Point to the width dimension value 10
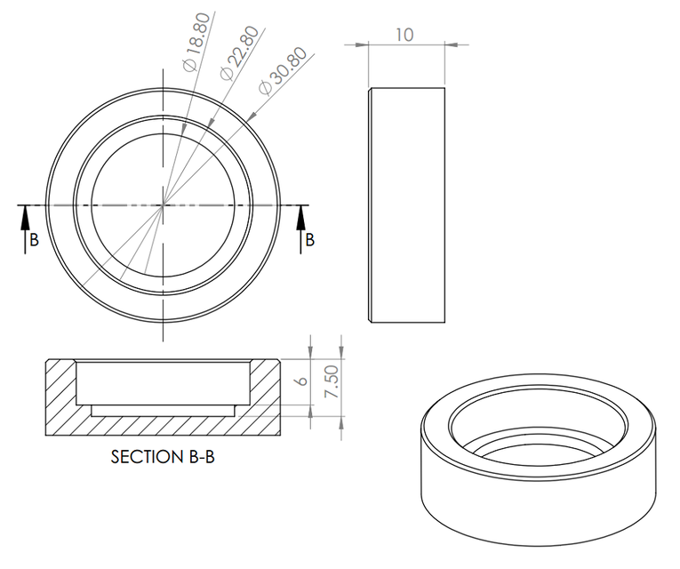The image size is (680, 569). pos(404,34)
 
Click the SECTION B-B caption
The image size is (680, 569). pos(163,458)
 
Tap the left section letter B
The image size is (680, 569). pos(34,240)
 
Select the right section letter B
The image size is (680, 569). pos(309,240)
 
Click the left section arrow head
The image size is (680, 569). pos(25,212)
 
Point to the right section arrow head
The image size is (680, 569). pos(300,212)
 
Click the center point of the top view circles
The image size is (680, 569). pos(164,205)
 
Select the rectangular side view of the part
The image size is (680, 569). pos(405,204)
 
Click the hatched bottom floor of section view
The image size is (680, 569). pos(163,424)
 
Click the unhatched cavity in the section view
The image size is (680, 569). pos(163,382)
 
